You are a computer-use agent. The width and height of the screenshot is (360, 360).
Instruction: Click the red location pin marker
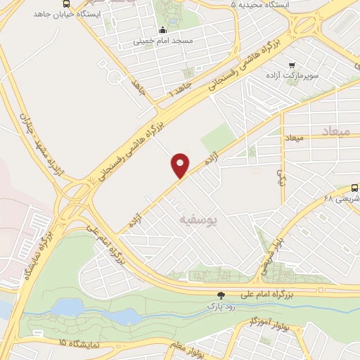[x=181, y=165]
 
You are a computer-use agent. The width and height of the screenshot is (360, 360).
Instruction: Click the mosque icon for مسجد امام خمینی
[x=163, y=30]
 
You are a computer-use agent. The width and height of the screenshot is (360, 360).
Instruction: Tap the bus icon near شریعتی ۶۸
[x=354, y=188]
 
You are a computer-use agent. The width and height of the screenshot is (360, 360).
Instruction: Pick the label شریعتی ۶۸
[x=335, y=199]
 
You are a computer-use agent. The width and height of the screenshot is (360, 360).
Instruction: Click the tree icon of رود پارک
[x=221, y=295]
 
